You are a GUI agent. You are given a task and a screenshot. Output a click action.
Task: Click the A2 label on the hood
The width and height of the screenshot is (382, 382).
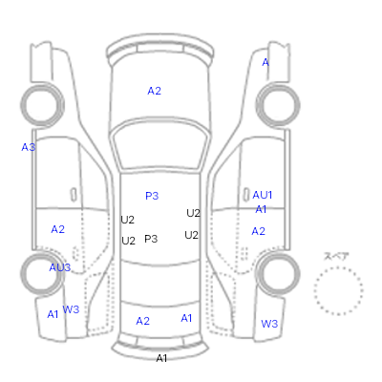pos(154,91)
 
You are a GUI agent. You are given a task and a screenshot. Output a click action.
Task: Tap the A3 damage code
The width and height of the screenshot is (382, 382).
pos(29,147)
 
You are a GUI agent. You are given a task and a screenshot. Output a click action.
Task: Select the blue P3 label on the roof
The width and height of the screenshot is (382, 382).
pos(152,196)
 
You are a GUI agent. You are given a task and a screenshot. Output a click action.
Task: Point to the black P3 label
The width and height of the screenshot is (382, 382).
pos(151,239)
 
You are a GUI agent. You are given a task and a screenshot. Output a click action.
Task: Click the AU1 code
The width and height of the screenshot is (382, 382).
pos(263,195)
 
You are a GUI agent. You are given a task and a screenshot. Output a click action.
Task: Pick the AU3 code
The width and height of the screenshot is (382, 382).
pos(60,267)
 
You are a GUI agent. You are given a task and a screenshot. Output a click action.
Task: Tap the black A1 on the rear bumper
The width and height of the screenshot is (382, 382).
pos(161,358)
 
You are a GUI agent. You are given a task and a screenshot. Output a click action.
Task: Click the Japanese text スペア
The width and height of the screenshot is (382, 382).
pos(336,257)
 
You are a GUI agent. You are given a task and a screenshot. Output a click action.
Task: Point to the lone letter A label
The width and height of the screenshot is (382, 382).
pos(265,62)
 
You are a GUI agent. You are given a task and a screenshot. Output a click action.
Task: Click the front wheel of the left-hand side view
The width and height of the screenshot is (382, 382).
pos(42,105)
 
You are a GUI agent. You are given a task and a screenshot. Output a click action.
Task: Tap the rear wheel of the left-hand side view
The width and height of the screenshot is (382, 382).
pos(42,273)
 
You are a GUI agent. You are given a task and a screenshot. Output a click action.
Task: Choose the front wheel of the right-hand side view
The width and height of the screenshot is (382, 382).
pos(278,105)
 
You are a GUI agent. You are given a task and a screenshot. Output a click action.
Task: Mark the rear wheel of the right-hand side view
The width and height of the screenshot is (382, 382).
pos(278,273)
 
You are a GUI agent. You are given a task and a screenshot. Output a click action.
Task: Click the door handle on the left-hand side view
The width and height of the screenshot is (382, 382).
pos(74,195)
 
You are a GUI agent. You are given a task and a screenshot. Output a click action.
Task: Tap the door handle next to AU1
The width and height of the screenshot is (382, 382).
pos(246,195)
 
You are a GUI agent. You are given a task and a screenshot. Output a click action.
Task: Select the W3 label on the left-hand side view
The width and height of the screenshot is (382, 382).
pos(71,309)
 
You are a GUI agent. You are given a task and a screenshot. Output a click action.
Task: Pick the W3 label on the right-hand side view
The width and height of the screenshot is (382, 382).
pos(269,324)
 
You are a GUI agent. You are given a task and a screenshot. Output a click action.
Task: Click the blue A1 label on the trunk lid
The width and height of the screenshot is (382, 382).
pos(186,318)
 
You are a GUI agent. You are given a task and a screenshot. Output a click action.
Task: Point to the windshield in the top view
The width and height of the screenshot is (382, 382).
pos(160,144)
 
